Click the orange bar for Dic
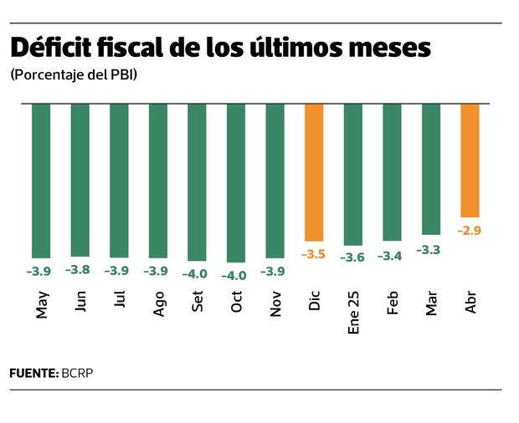click(x=314, y=172)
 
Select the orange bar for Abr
click(x=470, y=160)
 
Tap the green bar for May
click(x=41, y=180)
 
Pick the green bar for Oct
click(x=236, y=182)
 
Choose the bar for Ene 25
click(x=353, y=174)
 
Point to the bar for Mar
click(x=431, y=168)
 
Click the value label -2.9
click(x=469, y=230)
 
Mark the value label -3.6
click(x=352, y=257)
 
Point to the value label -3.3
click(x=429, y=248)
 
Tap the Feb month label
click(x=393, y=303)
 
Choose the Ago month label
click(x=158, y=303)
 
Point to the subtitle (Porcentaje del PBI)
click(x=74, y=75)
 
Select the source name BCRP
click(x=77, y=373)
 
